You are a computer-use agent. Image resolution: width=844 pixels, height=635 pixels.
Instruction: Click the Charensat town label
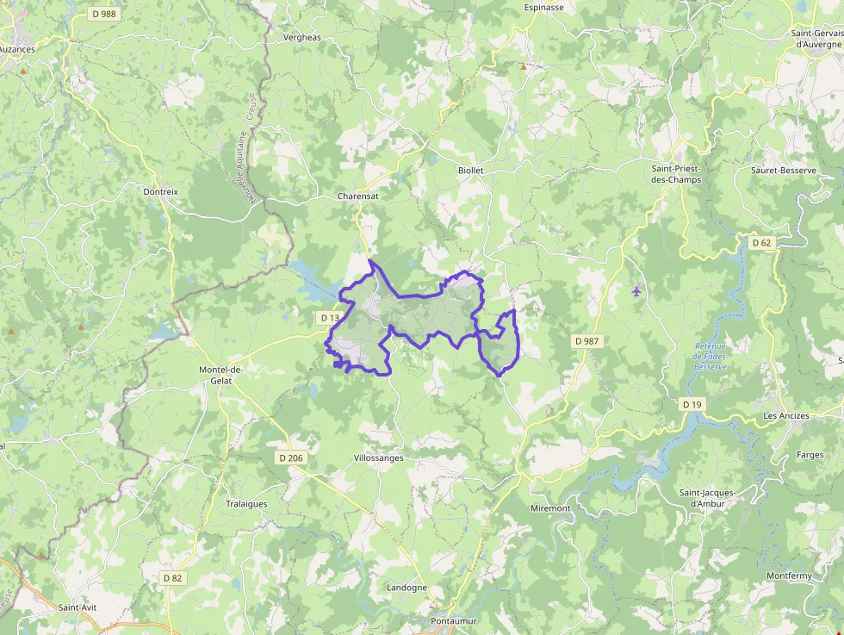[x=357, y=196]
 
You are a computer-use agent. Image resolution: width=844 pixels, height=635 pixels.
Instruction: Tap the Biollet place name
[x=471, y=171]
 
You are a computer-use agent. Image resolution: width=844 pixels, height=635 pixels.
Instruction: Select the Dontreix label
[x=160, y=192]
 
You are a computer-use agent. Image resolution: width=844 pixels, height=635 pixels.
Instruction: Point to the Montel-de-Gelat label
[x=221, y=375]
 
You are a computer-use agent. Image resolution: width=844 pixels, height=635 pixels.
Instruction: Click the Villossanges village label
[x=379, y=458]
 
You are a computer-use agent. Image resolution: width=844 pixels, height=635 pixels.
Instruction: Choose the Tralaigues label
[x=246, y=504]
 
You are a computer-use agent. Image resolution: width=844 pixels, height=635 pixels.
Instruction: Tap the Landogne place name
[x=407, y=588]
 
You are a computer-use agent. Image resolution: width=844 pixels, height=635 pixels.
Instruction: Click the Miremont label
[x=550, y=508]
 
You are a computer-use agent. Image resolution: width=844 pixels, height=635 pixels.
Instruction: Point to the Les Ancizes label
[x=786, y=415]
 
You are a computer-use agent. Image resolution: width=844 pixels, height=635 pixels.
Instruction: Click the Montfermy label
[x=789, y=576]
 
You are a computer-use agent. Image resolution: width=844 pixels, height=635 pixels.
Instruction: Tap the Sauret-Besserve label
[x=783, y=171]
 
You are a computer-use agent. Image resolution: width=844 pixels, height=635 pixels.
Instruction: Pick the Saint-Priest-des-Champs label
[x=676, y=174]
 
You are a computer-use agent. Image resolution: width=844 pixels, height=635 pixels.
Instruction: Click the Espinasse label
[x=543, y=8]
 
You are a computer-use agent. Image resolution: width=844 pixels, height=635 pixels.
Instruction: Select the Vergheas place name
[x=301, y=38]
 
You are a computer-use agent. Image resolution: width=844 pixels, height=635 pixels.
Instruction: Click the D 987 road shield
[x=586, y=341]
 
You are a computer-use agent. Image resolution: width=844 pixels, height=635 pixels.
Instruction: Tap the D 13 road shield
[x=330, y=318]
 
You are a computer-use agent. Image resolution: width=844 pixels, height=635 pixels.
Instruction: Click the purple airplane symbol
[x=636, y=290]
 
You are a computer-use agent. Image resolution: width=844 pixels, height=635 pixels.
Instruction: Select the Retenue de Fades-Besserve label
[x=711, y=357]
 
